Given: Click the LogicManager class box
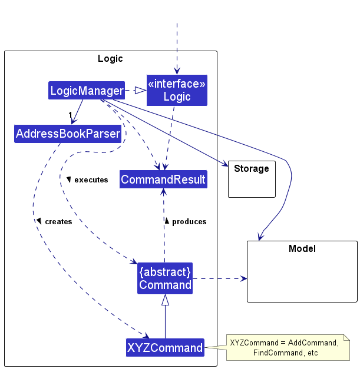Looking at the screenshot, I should pyautogui.click(x=87, y=91).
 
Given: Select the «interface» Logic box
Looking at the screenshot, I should pyautogui.click(x=177, y=91).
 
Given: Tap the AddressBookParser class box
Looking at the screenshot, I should pyautogui.click(x=68, y=134).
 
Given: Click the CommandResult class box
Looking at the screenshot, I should pyautogui.click(x=163, y=179).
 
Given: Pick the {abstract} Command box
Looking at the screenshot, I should pyautogui.click(x=165, y=278).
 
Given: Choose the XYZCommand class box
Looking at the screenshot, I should pyautogui.click(x=165, y=348).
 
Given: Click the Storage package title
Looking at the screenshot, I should pyautogui.click(x=252, y=169).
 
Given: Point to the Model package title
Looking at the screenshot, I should pyautogui.click(x=302, y=248).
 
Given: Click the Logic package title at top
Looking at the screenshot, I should pyautogui.click(x=110, y=58).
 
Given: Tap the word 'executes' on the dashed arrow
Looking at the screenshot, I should pyautogui.click(x=91, y=179).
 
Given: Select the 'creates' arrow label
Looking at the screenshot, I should pyautogui.click(x=58, y=222).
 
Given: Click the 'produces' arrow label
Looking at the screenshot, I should pyautogui.click(x=189, y=222).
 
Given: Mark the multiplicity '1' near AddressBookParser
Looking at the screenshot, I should pyautogui.click(x=70, y=114).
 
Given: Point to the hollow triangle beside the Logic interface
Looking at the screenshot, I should pyautogui.click(x=140, y=91).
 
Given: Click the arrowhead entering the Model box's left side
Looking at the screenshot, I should pyautogui.click(x=243, y=278).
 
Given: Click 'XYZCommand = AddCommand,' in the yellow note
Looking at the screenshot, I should pyautogui.click(x=284, y=343).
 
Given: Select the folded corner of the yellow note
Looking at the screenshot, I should pyautogui.click(x=346, y=337).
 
